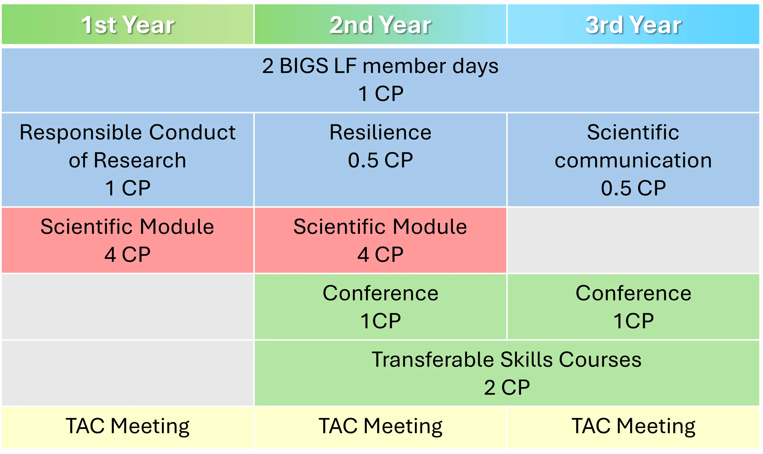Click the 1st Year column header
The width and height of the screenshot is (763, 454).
click(127, 24)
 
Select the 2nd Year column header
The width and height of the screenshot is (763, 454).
click(380, 24)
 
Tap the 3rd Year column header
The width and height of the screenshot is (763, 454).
click(633, 24)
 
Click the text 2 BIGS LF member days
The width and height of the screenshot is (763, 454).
click(380, 66)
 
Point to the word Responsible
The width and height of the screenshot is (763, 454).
click(81, 133)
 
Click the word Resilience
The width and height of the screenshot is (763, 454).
click(380, 132)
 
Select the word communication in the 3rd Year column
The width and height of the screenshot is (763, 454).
click(633, 160)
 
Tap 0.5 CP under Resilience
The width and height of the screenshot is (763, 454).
click(380, 160)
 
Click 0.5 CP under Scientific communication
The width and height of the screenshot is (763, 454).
click(633, 188)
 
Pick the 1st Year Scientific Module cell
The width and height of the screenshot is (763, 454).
click(127, 240)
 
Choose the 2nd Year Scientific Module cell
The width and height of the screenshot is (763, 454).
click(380, 240)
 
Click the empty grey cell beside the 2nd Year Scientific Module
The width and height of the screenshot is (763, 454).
click(633, 240)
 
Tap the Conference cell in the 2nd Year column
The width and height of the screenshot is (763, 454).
click(380, 307)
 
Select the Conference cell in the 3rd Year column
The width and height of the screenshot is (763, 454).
click(633, 307)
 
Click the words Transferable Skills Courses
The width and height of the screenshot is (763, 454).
click(507, 360)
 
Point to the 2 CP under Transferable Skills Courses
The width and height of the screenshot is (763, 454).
click(507, 388)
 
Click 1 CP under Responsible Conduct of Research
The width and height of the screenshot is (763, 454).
click(127, 188)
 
